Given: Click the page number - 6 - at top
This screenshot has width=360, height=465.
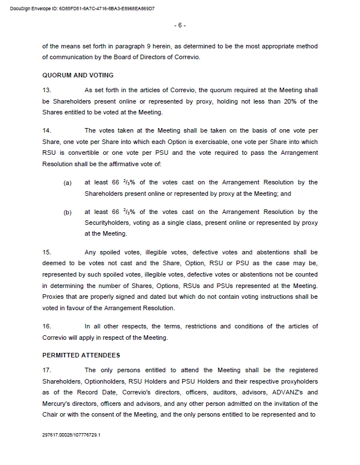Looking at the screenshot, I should coord(179,26).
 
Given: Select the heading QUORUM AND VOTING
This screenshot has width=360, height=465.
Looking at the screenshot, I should coord(78,75).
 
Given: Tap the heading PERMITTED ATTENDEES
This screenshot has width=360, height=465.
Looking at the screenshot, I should coord(81,355).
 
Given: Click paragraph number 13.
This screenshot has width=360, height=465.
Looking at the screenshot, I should coord(47,90).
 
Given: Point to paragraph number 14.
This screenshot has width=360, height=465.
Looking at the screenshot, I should coord(47,130).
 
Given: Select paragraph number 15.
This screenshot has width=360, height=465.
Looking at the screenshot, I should coord(47,252).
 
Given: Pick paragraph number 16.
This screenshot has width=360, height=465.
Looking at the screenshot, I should coord(47,326).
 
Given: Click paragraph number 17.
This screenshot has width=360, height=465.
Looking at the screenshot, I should coord(47,370).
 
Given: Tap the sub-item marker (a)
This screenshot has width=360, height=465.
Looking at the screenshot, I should coord(68,183).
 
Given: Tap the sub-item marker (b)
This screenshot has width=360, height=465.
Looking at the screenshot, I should coord(68,212).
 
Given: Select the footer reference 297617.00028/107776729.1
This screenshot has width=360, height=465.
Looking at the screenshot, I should coord(71,434).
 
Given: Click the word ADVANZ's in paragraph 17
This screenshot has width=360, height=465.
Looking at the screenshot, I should coord(286,392).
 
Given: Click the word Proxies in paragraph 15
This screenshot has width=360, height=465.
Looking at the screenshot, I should coord(55,297).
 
